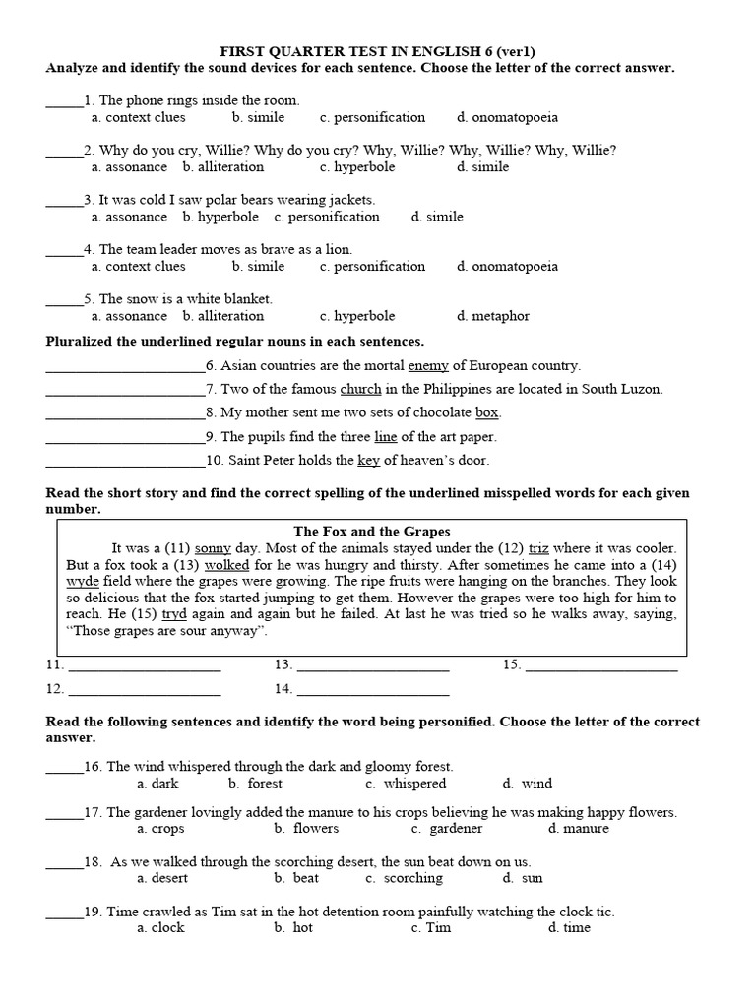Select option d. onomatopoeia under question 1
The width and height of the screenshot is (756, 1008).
pyautogui.click(x=507, y=117)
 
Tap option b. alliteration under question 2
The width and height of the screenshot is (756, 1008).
pyautogui.click(x=223, y=167)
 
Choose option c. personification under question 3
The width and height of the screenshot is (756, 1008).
pyautogui.click(x=327, y=217)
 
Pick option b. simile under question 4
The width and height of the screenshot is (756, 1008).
pyautogui.click(x=258, y=266)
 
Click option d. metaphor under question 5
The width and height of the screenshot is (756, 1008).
pyautogui.click(x=493, y=316)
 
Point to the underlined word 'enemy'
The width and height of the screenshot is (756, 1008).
pyautogui.click(x=428, y=365)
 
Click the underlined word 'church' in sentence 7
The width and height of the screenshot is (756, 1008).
pyautogui.click(x=360, y=389)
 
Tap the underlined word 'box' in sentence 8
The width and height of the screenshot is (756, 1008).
pyautogui.click(x=487, y=412)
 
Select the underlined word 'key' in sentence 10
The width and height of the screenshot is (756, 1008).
pyautogui.click(x=368, y=460)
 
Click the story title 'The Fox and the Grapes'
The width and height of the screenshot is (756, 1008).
pyautogui.click(x=372, y=531)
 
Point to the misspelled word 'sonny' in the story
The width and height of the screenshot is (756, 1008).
pyautogui.click(x=213, y=548)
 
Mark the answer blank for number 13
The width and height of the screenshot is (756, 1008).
pyautogui.click(x=373, y=666)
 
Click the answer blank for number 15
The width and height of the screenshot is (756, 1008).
pyautogui.click(x=601, y=666)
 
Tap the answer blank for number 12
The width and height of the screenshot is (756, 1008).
pyautogui.click(x=145, y=690)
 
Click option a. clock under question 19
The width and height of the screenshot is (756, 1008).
pyautogui.click(x=160, y=928)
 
